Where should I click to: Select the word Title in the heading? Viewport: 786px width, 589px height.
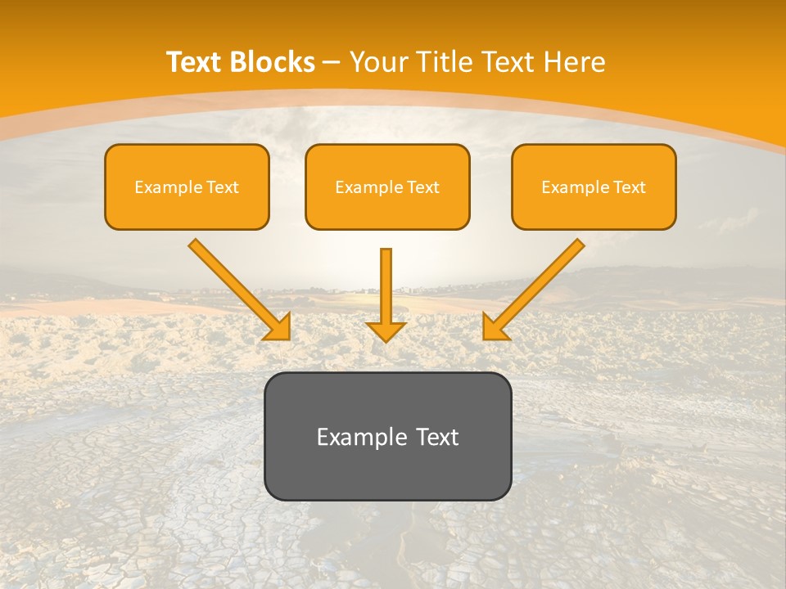[445, 62]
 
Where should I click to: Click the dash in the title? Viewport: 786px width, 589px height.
[332, 63]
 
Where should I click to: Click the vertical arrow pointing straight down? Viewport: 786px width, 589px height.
[386, 286]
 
